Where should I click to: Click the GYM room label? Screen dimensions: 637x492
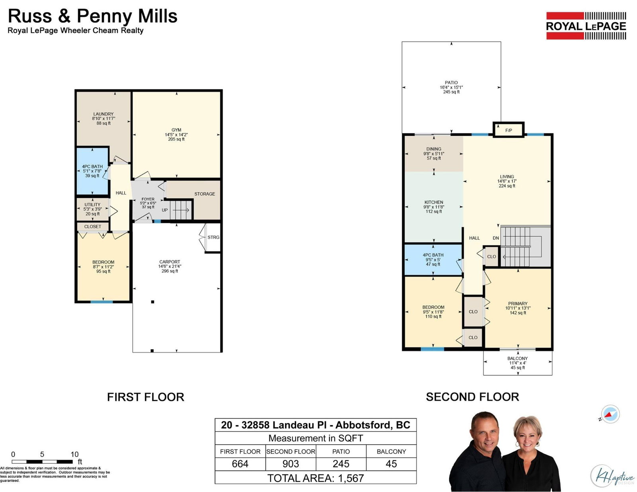click(x=176, y=130)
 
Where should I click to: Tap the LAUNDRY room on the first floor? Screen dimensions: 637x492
click(x=103, y=118)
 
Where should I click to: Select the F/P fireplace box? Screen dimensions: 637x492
click(x=508, y=130)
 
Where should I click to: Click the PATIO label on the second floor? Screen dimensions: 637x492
click(x=451, y=83)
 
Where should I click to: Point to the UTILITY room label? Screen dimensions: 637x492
click(x=92, y=205)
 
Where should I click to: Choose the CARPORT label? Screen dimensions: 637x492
click(x=170, y=262)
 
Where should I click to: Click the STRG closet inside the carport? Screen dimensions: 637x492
click(x=213, y=237)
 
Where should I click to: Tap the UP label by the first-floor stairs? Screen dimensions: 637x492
click(x=164, y=210)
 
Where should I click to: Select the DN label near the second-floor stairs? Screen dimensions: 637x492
click(x=496, y=238)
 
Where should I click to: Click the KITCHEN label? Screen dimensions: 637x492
click(x=434, y=202)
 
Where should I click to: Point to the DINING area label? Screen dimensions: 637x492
click(x=434, y=149)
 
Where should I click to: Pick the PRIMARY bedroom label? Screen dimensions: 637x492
click(x=518, y=304)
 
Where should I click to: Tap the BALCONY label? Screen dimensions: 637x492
click(x=518, y=358)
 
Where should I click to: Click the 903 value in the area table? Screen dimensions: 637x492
click(x=291, y=464)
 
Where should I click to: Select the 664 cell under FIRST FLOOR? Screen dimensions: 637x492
click(x=240, y=464)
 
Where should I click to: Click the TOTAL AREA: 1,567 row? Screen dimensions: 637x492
click(x=315, y=478)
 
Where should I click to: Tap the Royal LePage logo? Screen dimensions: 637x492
click(x=586, y=26)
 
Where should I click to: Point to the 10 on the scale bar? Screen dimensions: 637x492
click(x=74, y=454)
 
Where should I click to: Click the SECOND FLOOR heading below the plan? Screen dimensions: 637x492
click(x=472, y=397)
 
